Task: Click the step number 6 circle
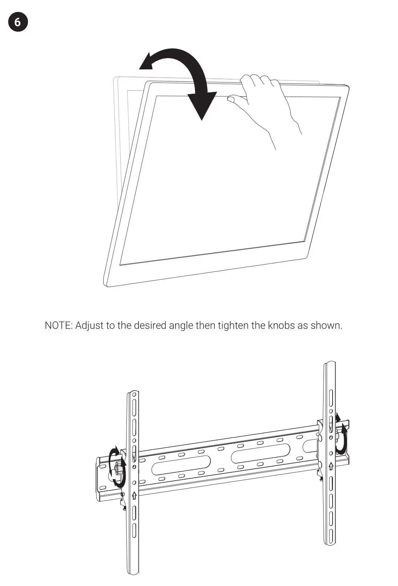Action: coord(17,22)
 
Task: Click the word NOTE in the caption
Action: coord(59,325)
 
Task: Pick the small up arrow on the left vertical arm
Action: coord(134,496)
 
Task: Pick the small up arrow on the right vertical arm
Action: coord(331,466)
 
